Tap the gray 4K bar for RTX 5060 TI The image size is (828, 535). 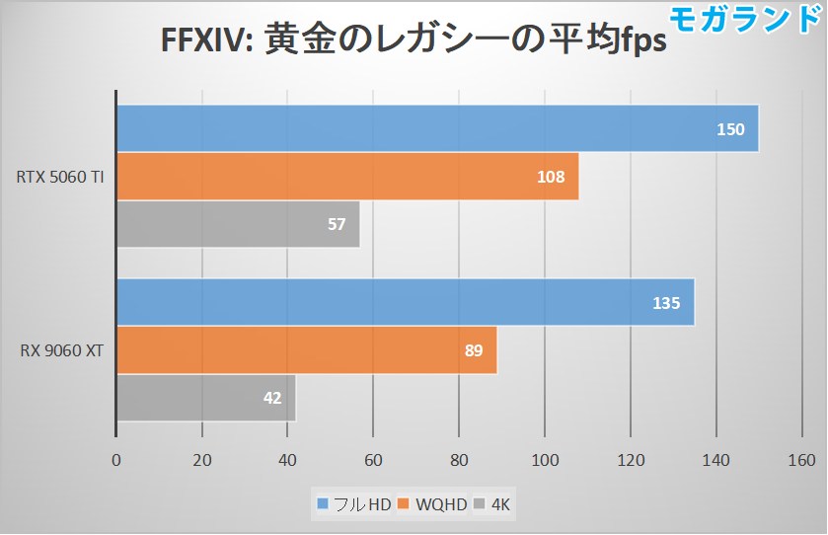(x=238, y=224)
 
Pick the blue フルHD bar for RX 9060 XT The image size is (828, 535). (x=405, y=302)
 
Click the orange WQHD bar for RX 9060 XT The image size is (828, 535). (x=306, y=350)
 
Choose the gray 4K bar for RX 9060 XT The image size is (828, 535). (x=206, y=399)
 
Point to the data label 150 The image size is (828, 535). (x=731, y=129)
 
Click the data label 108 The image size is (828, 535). (x=551, y=177)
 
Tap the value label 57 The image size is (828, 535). (x=337, y=224)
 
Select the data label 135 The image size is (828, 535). (x=666, y=303)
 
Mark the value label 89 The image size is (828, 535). (x=473, y=350)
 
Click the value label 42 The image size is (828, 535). (x=272, y=399)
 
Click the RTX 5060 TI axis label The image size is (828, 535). (x=60, y=177)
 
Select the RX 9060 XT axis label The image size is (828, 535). (x=62, y=350)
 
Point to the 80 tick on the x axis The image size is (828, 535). (x=459, y=460)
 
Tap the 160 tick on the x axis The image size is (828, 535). (x=801, y=460)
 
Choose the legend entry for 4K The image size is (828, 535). (x=496, y=505)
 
